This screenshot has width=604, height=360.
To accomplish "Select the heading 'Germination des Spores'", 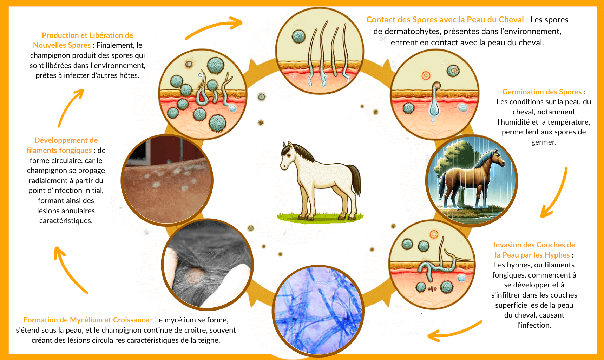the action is tap(542, 92).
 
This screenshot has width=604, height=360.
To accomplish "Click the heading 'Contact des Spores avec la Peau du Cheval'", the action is tap(445, 20).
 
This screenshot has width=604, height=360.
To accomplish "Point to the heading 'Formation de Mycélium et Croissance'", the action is tap(86, 320).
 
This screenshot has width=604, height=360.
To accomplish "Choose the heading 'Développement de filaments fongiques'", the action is tap(62, 145).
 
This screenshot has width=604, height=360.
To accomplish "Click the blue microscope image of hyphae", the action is tap(318, 311).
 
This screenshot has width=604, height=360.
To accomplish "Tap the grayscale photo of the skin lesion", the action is tap(207, 265).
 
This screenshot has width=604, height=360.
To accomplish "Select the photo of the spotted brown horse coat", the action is tap(167, 180).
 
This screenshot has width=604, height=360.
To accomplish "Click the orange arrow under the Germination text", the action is tap(559, 195).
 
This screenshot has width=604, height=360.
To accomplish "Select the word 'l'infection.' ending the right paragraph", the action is tap(534, 325).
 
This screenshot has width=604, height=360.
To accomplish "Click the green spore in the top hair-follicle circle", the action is tap(299, 36).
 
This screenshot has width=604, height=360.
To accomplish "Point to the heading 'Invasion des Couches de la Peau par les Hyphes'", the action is tap(534, 250).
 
